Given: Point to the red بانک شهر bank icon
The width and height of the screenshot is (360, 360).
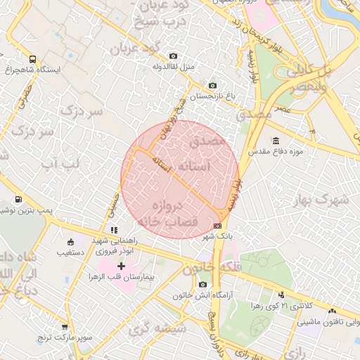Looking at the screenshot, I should click(218, 226).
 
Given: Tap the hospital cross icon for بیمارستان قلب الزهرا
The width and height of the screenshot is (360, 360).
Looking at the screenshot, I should click(121, 266).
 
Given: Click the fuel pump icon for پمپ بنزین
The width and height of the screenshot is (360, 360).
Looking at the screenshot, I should click(18, 200).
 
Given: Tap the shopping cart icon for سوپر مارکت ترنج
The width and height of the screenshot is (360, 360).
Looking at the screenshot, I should click(65, 327).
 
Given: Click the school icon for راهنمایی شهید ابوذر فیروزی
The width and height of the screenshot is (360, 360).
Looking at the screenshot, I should click(112, 230).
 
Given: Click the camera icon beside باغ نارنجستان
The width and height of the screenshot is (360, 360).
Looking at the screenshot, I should click(213, 86).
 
